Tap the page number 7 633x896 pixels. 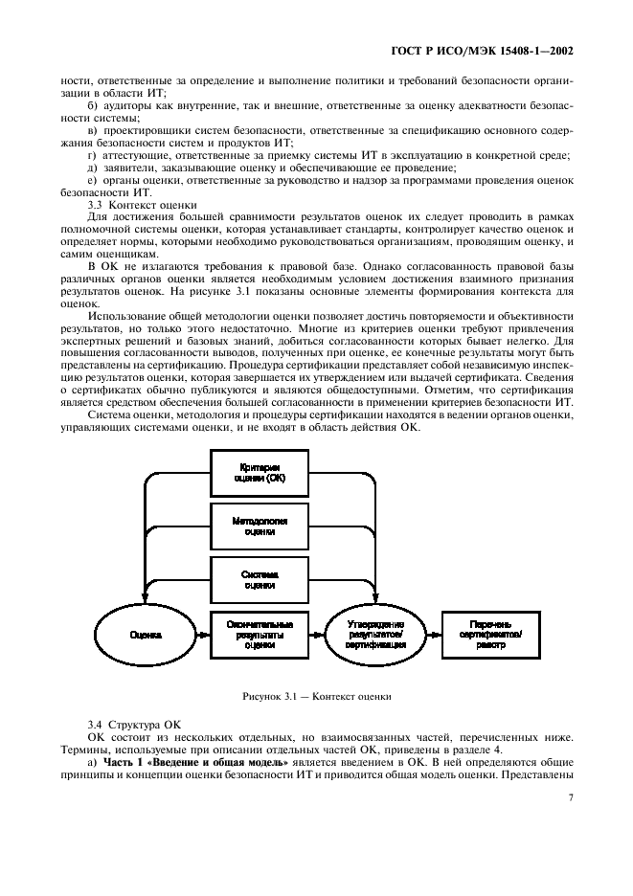pos(570,797)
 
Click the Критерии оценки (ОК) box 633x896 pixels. pos(259,471)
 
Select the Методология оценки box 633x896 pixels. pos(259,526)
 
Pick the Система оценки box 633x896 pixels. pos(259,578)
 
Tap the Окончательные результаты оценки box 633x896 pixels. pos(259,634)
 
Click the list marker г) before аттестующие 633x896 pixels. pos(92,155)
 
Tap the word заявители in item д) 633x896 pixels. pos(129,168)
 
